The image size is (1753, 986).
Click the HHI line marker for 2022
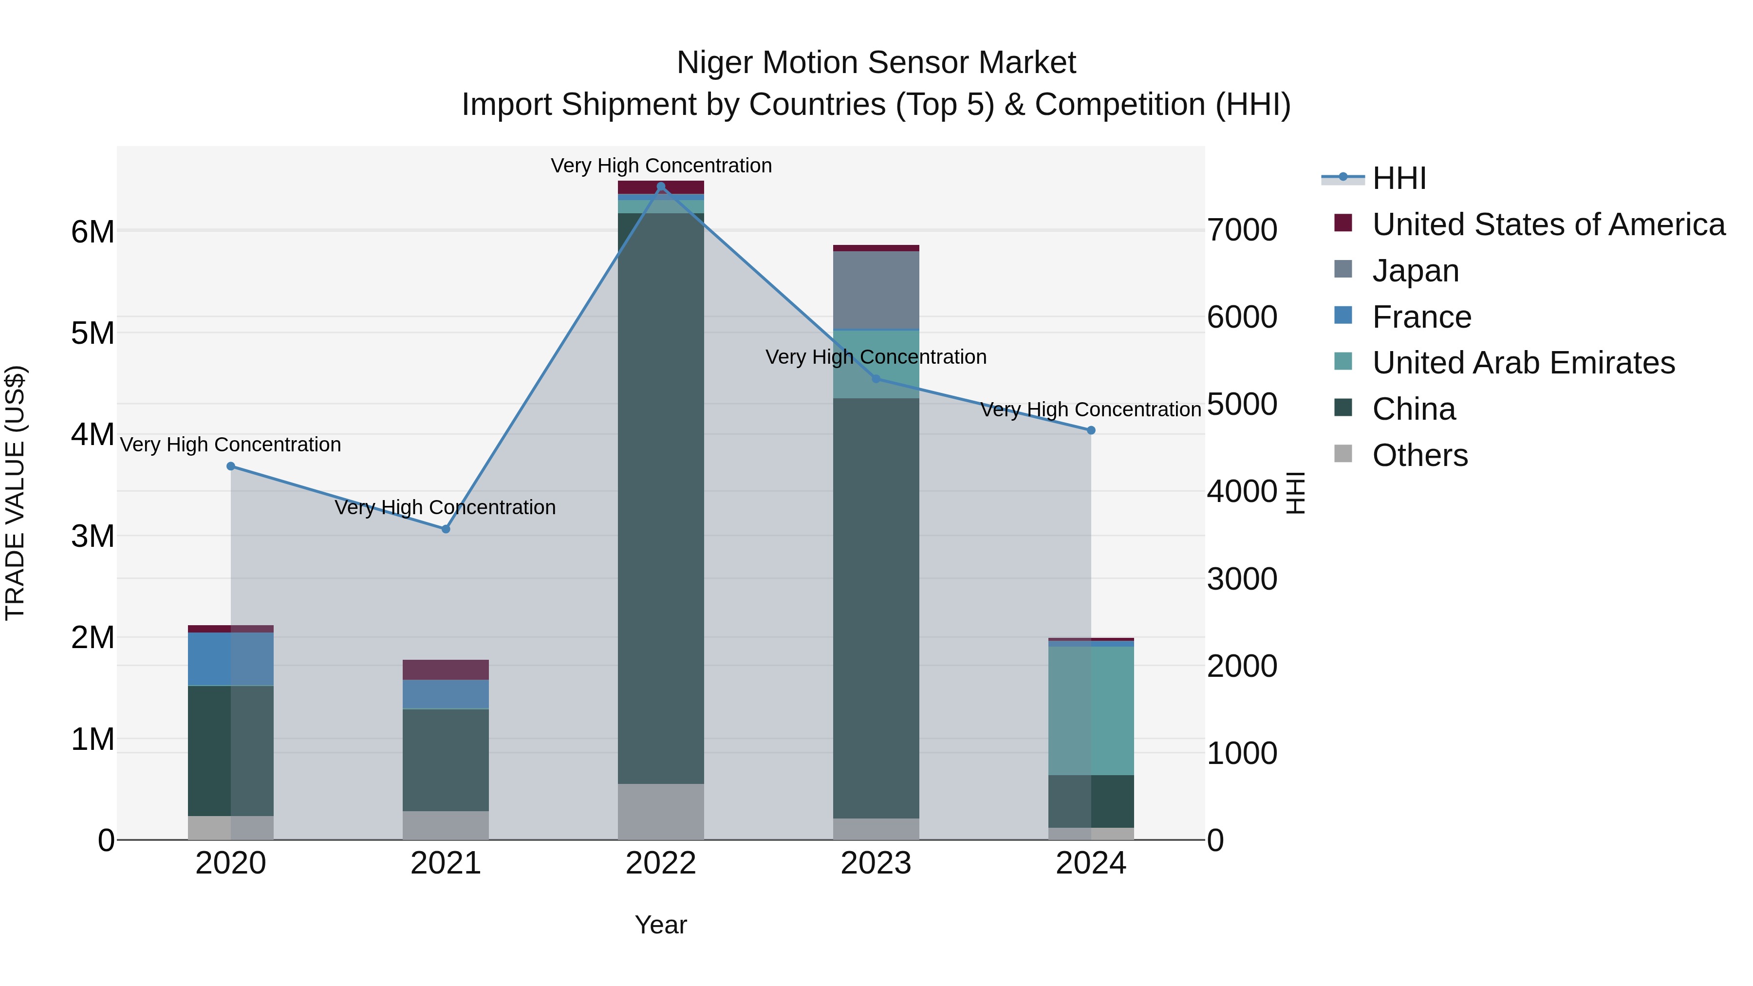click(x=661, y=186)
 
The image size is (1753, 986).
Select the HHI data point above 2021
click(x=446, y=529)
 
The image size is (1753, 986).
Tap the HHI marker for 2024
click(x=1091, y=430)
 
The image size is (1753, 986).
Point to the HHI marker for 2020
click(x=231, y=466)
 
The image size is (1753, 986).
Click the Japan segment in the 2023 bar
click(x=876, y=291)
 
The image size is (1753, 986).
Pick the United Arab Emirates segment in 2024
click(x=1091, y=710)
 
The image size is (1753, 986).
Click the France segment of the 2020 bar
click(x=231, y=659)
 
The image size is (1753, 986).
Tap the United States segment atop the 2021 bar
click(x=446, y=670)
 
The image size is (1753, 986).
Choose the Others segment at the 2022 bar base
click(x=661, y=811)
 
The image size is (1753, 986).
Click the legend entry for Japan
click(x=1416, y=271)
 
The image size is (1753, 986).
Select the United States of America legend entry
click(x=1548, y=224)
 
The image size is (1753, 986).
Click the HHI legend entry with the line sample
click(x=1399, y=178)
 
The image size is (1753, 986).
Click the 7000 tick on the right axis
click(x=1242, y=230)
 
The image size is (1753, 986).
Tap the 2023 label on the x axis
click(x=876, y=863)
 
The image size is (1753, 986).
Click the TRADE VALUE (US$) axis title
click(x=15, y=493)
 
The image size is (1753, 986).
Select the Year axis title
click(x=661, y=925)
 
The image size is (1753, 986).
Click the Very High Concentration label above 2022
click(x=661, y=166)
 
